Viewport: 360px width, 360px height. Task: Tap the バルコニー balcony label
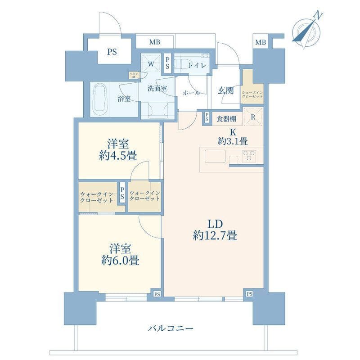[x=171, y=328]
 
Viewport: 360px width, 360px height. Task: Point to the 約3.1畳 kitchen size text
[x=232, y=141]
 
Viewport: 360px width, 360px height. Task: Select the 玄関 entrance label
[x=225, y=90]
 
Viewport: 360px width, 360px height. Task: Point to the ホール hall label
[x=192, y=92]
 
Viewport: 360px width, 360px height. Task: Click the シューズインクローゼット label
[x=252, y=93]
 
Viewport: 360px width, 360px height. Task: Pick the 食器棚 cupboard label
[x=226, y=119]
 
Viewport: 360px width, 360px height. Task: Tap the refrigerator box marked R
[x=252, y=117]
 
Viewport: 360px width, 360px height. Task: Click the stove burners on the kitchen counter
[x=249, y=156]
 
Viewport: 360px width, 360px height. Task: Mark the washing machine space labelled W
[x=151, y=65]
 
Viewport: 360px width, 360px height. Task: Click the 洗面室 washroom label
[x=157, y=88]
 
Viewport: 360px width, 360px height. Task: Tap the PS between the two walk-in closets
[x=122, y=194]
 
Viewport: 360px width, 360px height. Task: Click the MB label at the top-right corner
[x=261, y=42]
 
